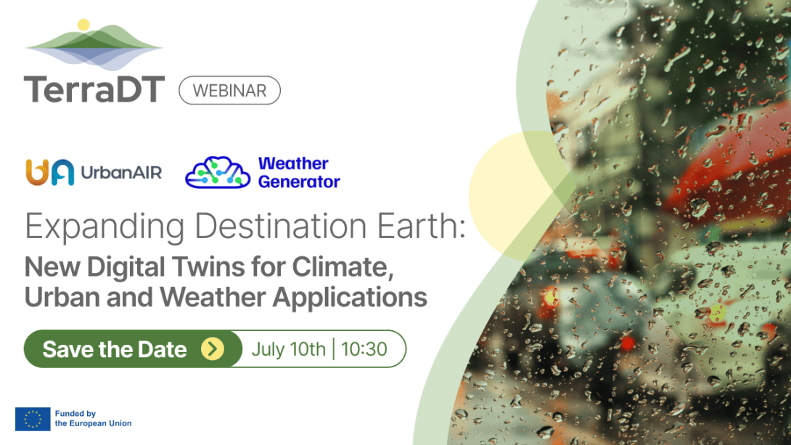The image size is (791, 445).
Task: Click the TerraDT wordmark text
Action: tap(94, 89)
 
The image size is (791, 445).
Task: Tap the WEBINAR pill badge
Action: tap(229, 91)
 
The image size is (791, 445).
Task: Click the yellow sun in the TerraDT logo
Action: tap(83, 25)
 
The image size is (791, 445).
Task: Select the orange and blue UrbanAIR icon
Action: tap(49, 172)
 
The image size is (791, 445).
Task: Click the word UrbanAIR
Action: tap(120, 173)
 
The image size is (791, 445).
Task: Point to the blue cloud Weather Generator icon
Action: tap(217, 173)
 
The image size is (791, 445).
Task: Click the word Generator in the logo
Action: tap(299, 181)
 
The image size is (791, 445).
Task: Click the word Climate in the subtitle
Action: tap(343, 267)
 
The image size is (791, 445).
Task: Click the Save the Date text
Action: tap(115, 349)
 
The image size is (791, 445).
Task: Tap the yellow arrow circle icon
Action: tap(212, 349)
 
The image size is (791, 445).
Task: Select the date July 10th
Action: tap(288, 349)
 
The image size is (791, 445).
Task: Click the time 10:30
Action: tap(364, 349)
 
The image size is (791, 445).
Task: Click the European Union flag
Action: tap(33, 419)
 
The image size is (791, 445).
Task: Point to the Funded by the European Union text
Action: tap(93, 419)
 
